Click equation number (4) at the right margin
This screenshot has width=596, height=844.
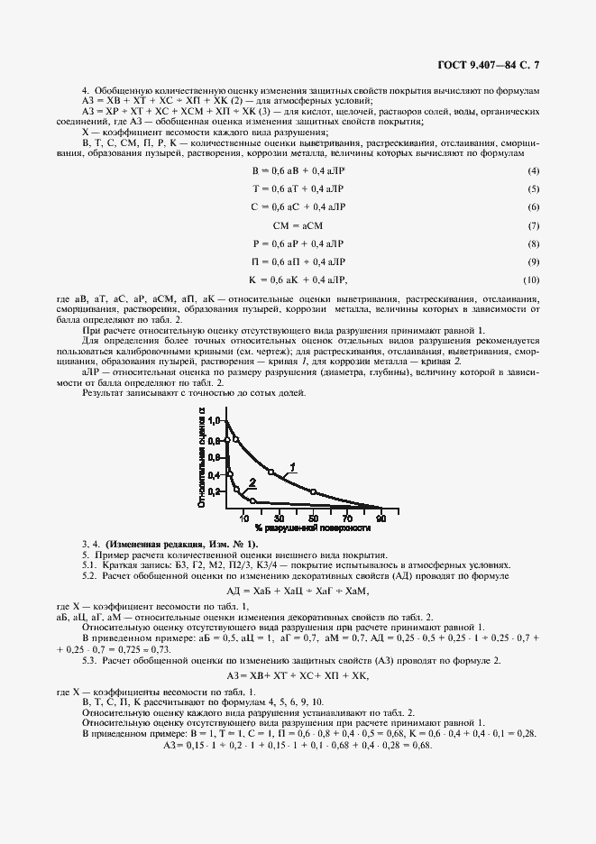coord(533,170)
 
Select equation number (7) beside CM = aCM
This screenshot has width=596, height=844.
coord(533,225)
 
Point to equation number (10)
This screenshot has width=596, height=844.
coord(531,280)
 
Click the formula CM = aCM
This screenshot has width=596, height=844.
coord(297,225)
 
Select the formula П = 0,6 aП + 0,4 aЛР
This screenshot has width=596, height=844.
coord(297,261)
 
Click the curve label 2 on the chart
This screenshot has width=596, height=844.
coord(252,482)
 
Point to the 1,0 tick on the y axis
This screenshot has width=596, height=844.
coord(213,420)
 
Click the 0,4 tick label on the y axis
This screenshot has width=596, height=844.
coord(213,474)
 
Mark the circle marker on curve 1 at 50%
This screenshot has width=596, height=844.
coord(313,491)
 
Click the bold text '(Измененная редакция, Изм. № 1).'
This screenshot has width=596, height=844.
coord(181,545)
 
